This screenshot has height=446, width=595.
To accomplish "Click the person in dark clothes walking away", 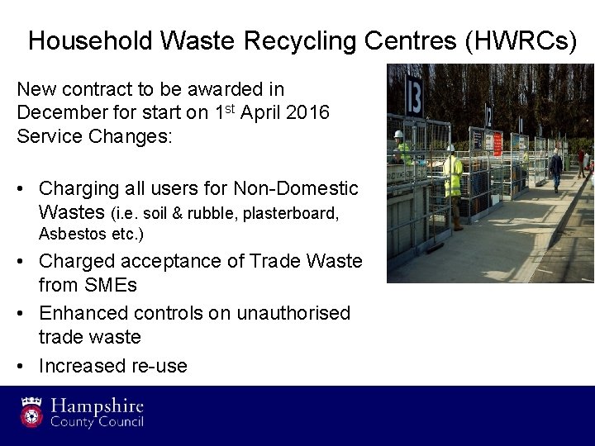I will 555,169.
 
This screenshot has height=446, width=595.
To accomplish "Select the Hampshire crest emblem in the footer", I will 33,414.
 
